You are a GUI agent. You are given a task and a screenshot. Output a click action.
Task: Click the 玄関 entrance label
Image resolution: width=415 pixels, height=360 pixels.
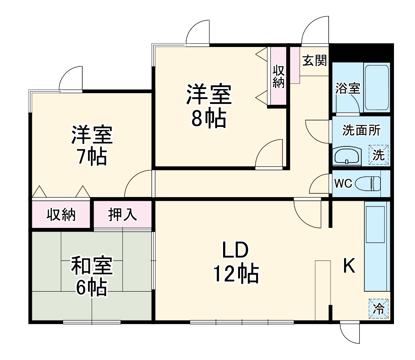click(314, 61)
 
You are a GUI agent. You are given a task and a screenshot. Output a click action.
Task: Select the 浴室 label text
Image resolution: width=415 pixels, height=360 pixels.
click(347, 89)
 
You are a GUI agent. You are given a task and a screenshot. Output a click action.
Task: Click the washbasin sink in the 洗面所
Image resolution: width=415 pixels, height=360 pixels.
click(346, 155)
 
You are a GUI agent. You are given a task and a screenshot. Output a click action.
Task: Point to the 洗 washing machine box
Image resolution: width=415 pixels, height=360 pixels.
click(379, 155)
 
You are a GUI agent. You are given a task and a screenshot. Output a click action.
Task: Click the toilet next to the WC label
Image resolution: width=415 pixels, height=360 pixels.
click(368, 184)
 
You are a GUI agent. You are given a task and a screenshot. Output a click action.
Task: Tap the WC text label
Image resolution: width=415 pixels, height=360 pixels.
click(343, 184)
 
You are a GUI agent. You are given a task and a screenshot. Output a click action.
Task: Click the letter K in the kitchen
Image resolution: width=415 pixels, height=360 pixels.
click(349, 267)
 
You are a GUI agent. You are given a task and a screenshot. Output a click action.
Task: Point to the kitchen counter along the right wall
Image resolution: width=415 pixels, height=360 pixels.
click(376, 248)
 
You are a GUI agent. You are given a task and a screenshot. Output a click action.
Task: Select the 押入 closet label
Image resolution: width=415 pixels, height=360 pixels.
click(122, 215)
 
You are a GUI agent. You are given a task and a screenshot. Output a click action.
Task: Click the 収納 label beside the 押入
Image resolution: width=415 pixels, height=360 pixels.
click(61, 215)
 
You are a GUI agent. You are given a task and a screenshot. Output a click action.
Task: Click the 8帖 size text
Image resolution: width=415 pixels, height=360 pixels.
click(208, 119)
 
